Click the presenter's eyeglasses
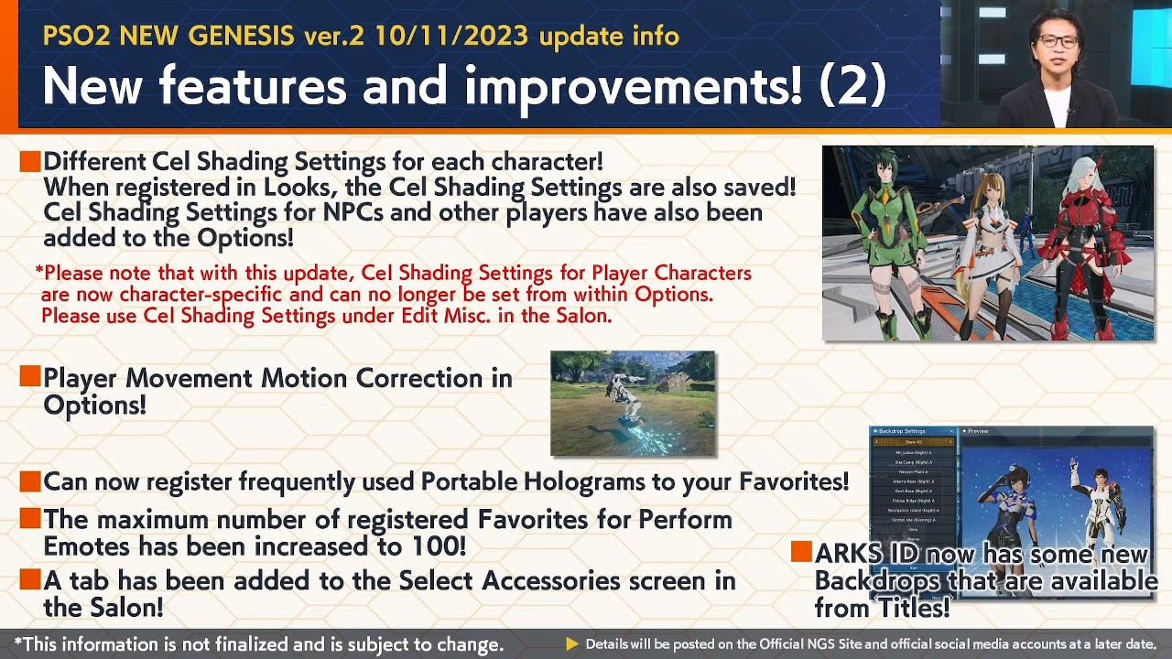coord(1058,41)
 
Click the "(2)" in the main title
coord(852,85)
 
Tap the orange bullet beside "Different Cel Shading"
coord(29,162)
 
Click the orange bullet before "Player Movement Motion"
coord(29,376)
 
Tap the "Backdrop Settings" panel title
coord(902,431)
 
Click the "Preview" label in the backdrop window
coord(978,431)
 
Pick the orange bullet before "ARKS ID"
coord(801,551)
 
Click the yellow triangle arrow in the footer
coord(572,644)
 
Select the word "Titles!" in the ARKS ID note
coord(914,608)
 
